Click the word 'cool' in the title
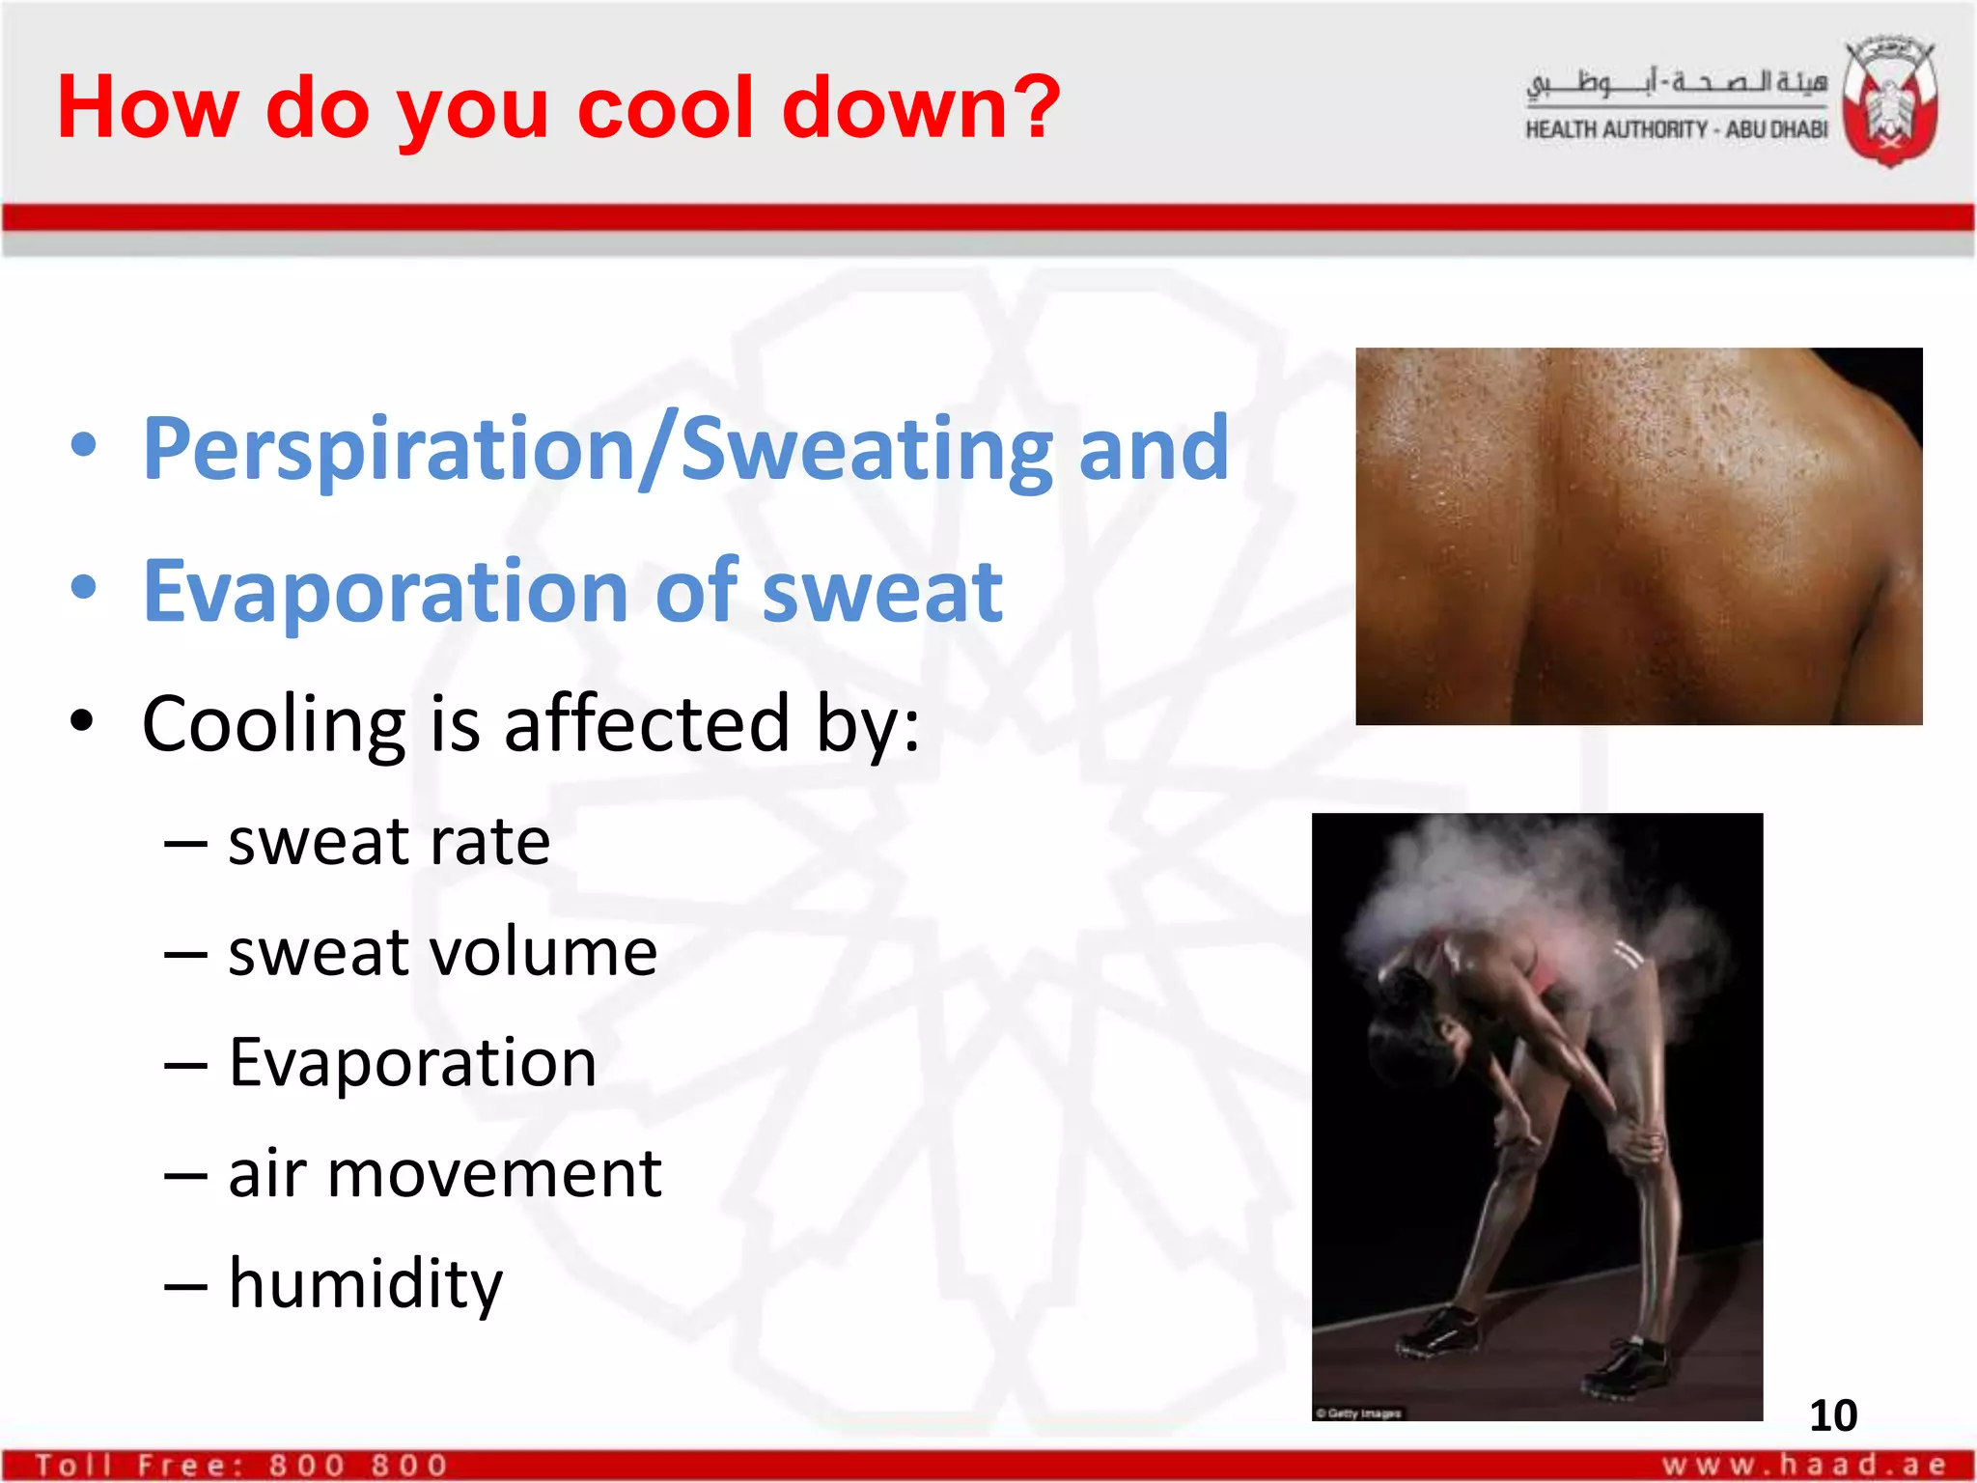667,108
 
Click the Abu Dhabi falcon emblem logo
1889,100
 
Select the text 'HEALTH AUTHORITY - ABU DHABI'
1676,129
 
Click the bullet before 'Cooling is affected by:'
84,721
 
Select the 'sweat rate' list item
388,842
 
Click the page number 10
1832,1415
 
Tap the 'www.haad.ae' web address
1803,1465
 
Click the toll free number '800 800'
358,1466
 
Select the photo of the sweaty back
1638,536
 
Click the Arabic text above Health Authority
1676,83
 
